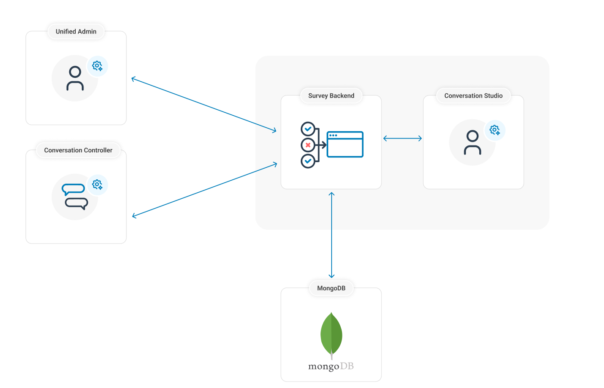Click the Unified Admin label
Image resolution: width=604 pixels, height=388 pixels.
pos(76,31)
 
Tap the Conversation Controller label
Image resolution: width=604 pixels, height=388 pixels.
pos(78,150)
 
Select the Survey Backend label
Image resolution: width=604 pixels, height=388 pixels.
pos(331,95)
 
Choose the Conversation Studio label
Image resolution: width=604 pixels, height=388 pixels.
pos(473,95)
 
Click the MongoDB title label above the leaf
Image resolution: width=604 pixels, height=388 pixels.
pos(331,288)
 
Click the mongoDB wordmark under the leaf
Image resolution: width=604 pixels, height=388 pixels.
pos(331,366)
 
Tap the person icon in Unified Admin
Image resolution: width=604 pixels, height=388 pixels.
pos(75,78)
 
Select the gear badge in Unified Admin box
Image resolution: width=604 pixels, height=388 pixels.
pos(97,66)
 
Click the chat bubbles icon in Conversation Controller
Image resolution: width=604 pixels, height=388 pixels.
pos(75,197)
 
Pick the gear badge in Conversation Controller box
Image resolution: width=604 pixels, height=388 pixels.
pos(97,185)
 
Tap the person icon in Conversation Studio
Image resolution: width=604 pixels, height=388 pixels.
pos(472,142)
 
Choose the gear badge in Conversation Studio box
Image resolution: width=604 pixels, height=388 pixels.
pos(495,130)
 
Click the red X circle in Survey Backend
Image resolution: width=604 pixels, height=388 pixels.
pos(308,145)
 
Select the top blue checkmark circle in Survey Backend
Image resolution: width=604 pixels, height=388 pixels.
pos(308,129)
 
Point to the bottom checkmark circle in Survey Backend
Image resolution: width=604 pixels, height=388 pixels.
pos(308,161)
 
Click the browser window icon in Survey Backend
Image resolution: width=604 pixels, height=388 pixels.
pos(345,145)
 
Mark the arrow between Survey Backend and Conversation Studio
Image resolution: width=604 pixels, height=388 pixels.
pos(402,139)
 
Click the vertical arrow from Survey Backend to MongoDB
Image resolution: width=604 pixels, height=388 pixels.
pos(332,235)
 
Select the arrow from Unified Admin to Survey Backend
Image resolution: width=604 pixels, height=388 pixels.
pos(204,104)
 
